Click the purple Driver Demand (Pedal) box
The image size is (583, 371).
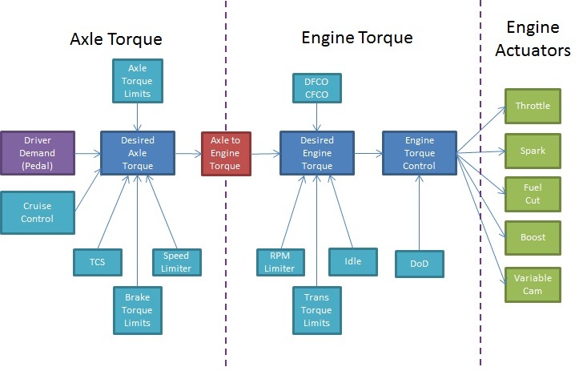tap(38, 153)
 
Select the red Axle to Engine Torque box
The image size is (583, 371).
tap(226, 154)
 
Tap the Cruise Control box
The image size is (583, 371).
tap(38, 212)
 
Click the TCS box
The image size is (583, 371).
tap(98, 262)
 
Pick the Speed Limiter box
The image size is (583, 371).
tap(177, 262)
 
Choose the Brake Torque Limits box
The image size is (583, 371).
tap(138, 310)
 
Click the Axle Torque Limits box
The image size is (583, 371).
tap(138, 81)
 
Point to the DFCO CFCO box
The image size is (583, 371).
tap(317, 88)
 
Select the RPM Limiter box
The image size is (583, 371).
tap(281, 262)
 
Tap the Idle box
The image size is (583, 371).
tap(353, 262)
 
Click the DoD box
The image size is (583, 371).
tap(420, 264)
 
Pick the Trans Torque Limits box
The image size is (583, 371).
tap(317, 310)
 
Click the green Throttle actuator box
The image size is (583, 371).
tap(533, 106)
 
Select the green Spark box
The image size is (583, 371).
tap(533, 151)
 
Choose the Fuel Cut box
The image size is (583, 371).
tap(533, 194)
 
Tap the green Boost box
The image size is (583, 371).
tap(533, 238)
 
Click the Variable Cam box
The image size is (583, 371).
tap(533, 284)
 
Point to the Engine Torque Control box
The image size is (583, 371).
tap(420, 153)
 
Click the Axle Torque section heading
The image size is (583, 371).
tap(116, 39)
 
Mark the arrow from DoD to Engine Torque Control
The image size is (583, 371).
tap(420, 212)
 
